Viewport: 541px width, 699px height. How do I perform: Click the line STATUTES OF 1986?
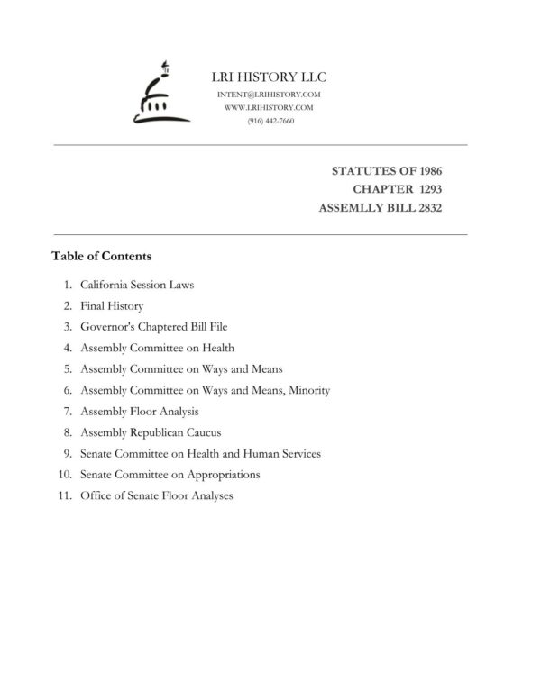(x=387, y=170)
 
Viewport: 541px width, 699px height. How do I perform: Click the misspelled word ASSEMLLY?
(x=354, y=208)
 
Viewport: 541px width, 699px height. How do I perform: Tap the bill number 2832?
(x=426, y=208)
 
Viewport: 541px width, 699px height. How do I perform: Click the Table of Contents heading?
(x=101, y=256)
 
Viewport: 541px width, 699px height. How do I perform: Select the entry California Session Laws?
(x=137, y=285)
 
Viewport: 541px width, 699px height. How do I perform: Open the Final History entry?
(x=112, y=306)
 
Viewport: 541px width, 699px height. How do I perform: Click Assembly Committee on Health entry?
(x=157, y=348)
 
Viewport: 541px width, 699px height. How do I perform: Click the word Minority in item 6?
(x=308, y=390)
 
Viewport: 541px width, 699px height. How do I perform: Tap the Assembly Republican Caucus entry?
(x=151, y=432)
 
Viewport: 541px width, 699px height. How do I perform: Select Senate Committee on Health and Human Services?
(x=200, y=453)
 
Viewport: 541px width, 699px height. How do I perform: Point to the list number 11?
(x=64, y=495)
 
